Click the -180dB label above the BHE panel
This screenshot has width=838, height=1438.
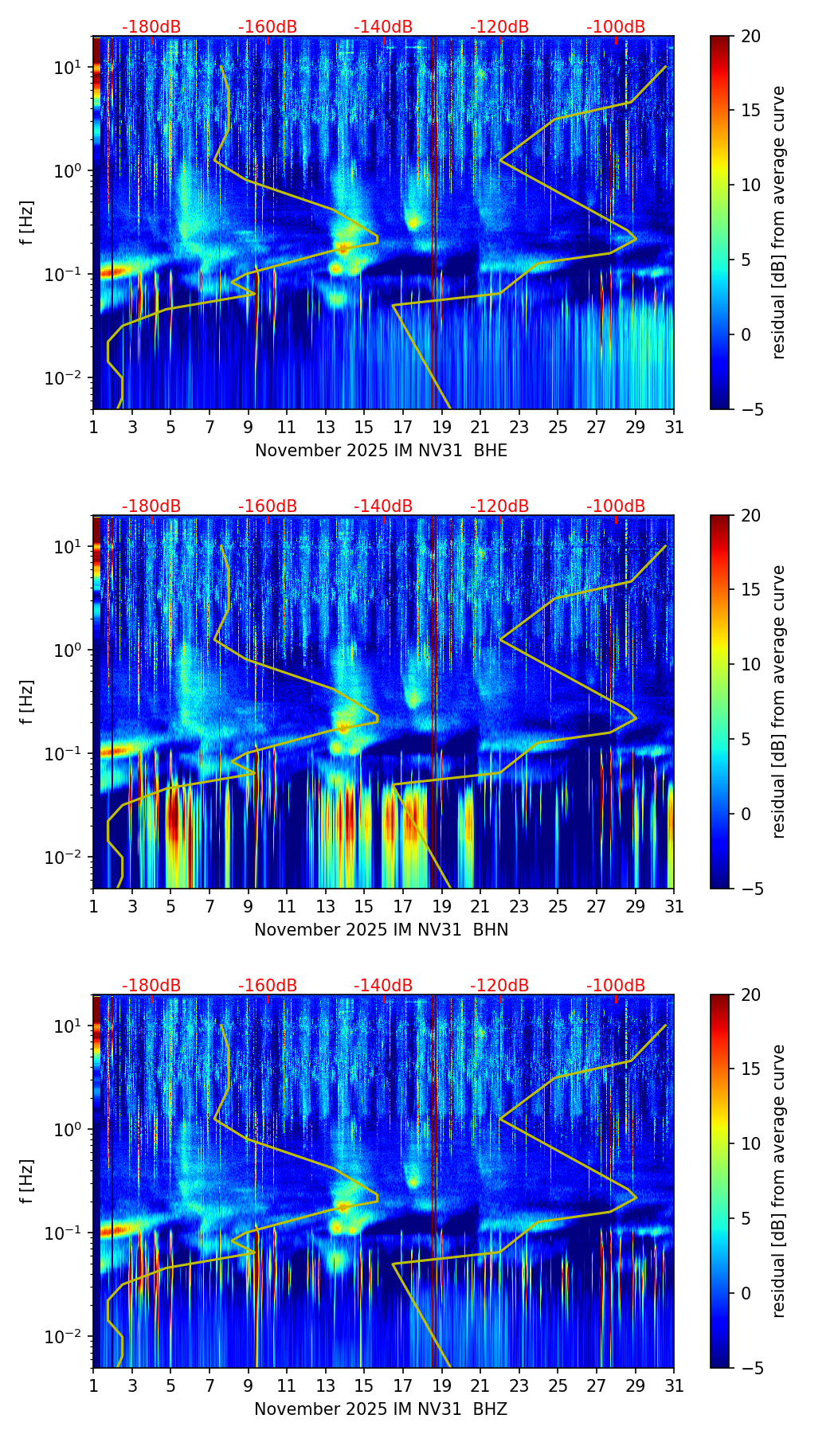point(151,27)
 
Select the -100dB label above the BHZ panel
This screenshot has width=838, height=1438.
point(616,986)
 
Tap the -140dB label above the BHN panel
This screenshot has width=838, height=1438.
point(383,506)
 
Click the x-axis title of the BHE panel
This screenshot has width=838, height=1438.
point(381,451)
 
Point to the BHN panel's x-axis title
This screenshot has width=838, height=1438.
point(381,930)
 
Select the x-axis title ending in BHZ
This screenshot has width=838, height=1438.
point(381,1409)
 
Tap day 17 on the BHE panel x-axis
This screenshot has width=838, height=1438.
point(403,427)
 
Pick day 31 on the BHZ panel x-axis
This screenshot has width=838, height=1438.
point(674,1385)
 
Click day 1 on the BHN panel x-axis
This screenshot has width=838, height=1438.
point(94,906)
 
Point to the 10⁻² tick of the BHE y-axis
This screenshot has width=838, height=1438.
point(68,377)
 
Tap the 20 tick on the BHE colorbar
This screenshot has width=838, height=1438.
point(751,36)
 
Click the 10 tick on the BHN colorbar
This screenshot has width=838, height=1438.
point(751,664)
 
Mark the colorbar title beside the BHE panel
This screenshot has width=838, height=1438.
point(778,222)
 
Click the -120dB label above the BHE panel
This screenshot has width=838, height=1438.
point(499,27)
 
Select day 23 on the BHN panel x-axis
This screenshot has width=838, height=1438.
point(519,906)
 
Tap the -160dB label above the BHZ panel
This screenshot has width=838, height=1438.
point(268,986)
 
